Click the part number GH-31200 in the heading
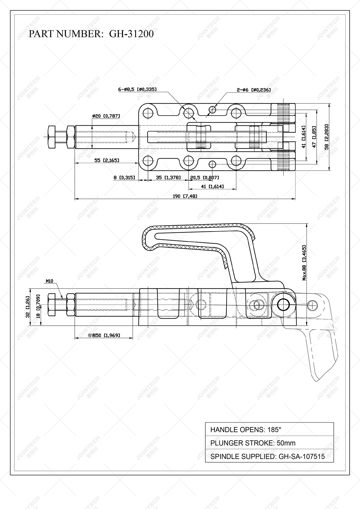coord(131,34)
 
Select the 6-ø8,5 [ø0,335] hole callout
coord(137,89)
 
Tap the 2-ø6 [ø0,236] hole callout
coord(253,90)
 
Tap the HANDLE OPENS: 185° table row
coord(269,430)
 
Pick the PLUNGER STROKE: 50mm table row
coord(269,443)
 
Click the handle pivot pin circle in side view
coord(284,304)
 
